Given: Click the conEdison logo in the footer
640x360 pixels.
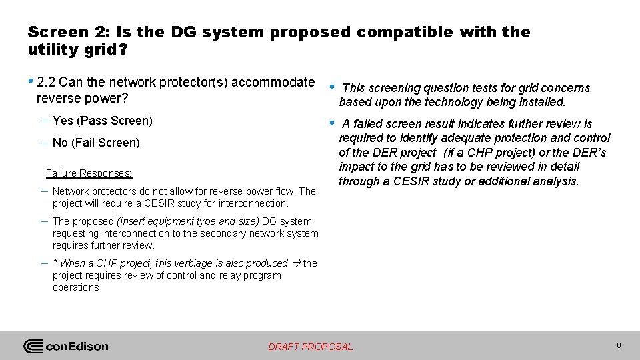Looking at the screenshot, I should pos(66,346).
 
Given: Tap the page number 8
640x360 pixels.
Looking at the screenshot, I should pos(619,345).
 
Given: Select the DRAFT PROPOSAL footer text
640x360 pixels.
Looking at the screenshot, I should pos(310,347).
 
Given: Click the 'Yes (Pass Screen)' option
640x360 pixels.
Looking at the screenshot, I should pos(103,121).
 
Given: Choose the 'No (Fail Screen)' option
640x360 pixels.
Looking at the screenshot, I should pos(96,143).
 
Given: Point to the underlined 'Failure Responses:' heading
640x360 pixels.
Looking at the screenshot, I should pos(89,173).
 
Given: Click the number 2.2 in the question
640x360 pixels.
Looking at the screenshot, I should pos(46,83).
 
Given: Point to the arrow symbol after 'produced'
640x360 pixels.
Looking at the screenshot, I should pos(296,263).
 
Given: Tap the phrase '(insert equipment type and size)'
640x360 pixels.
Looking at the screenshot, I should pos(188,221).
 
